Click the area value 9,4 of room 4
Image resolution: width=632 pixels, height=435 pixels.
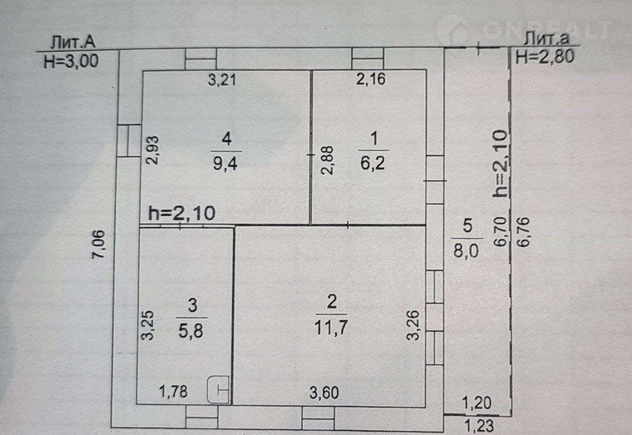(225, 164)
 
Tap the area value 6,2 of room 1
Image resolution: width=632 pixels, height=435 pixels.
(373, 163)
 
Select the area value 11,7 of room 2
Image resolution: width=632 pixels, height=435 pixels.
(331, 328)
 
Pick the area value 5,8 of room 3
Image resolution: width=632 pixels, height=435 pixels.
(191, 331)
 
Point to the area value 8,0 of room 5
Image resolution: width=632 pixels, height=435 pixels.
(466, 251)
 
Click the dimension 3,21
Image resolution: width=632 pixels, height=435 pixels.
(222, 80)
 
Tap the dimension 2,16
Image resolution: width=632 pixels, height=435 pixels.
(371, 79)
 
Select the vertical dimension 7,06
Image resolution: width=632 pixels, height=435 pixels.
(99, 245)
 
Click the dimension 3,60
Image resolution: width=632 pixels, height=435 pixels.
(324, 393)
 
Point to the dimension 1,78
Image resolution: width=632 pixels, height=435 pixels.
(173, 392)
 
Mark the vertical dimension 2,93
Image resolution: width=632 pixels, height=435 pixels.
(153, 150)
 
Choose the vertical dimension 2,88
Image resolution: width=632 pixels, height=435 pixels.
(328, 161)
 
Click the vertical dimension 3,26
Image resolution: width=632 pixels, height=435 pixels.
(413, 325)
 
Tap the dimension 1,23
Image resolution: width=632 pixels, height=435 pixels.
(479, 426)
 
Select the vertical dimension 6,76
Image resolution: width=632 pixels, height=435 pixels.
(524, 232)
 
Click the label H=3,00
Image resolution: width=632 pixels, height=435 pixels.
(71, 61)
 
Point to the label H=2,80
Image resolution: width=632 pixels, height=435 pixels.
(545, 57)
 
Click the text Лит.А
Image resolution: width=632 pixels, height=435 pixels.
(73, 42)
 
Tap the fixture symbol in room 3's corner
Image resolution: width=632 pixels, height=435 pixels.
(218, 390)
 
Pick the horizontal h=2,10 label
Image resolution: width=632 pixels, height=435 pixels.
(182, 213)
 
